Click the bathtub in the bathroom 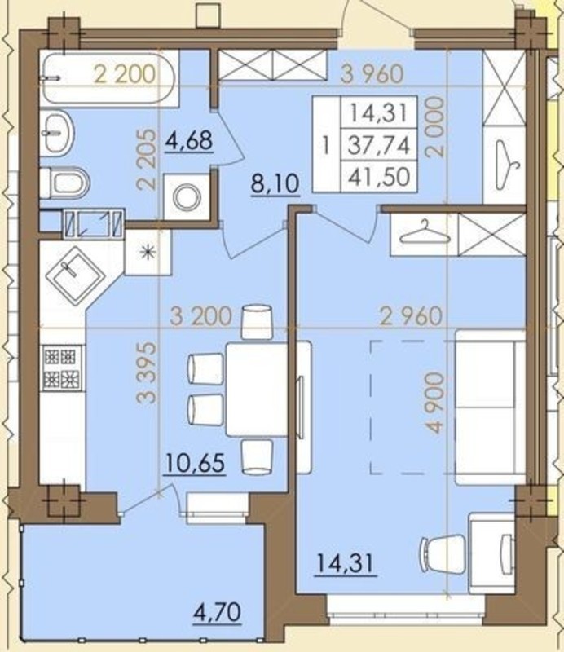click(109, 77)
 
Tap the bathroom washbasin click(57, 133)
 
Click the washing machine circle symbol click(187, 196)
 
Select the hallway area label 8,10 click(275, 183)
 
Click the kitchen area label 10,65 click(195, 463)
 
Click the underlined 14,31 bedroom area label click(346, 564)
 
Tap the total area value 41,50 click(379, 177)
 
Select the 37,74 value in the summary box click(379, 146)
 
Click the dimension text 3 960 click(372, 74)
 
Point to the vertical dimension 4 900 click(435, 403)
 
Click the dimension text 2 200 click(125, 75)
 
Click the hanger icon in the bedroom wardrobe click(425, 234)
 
